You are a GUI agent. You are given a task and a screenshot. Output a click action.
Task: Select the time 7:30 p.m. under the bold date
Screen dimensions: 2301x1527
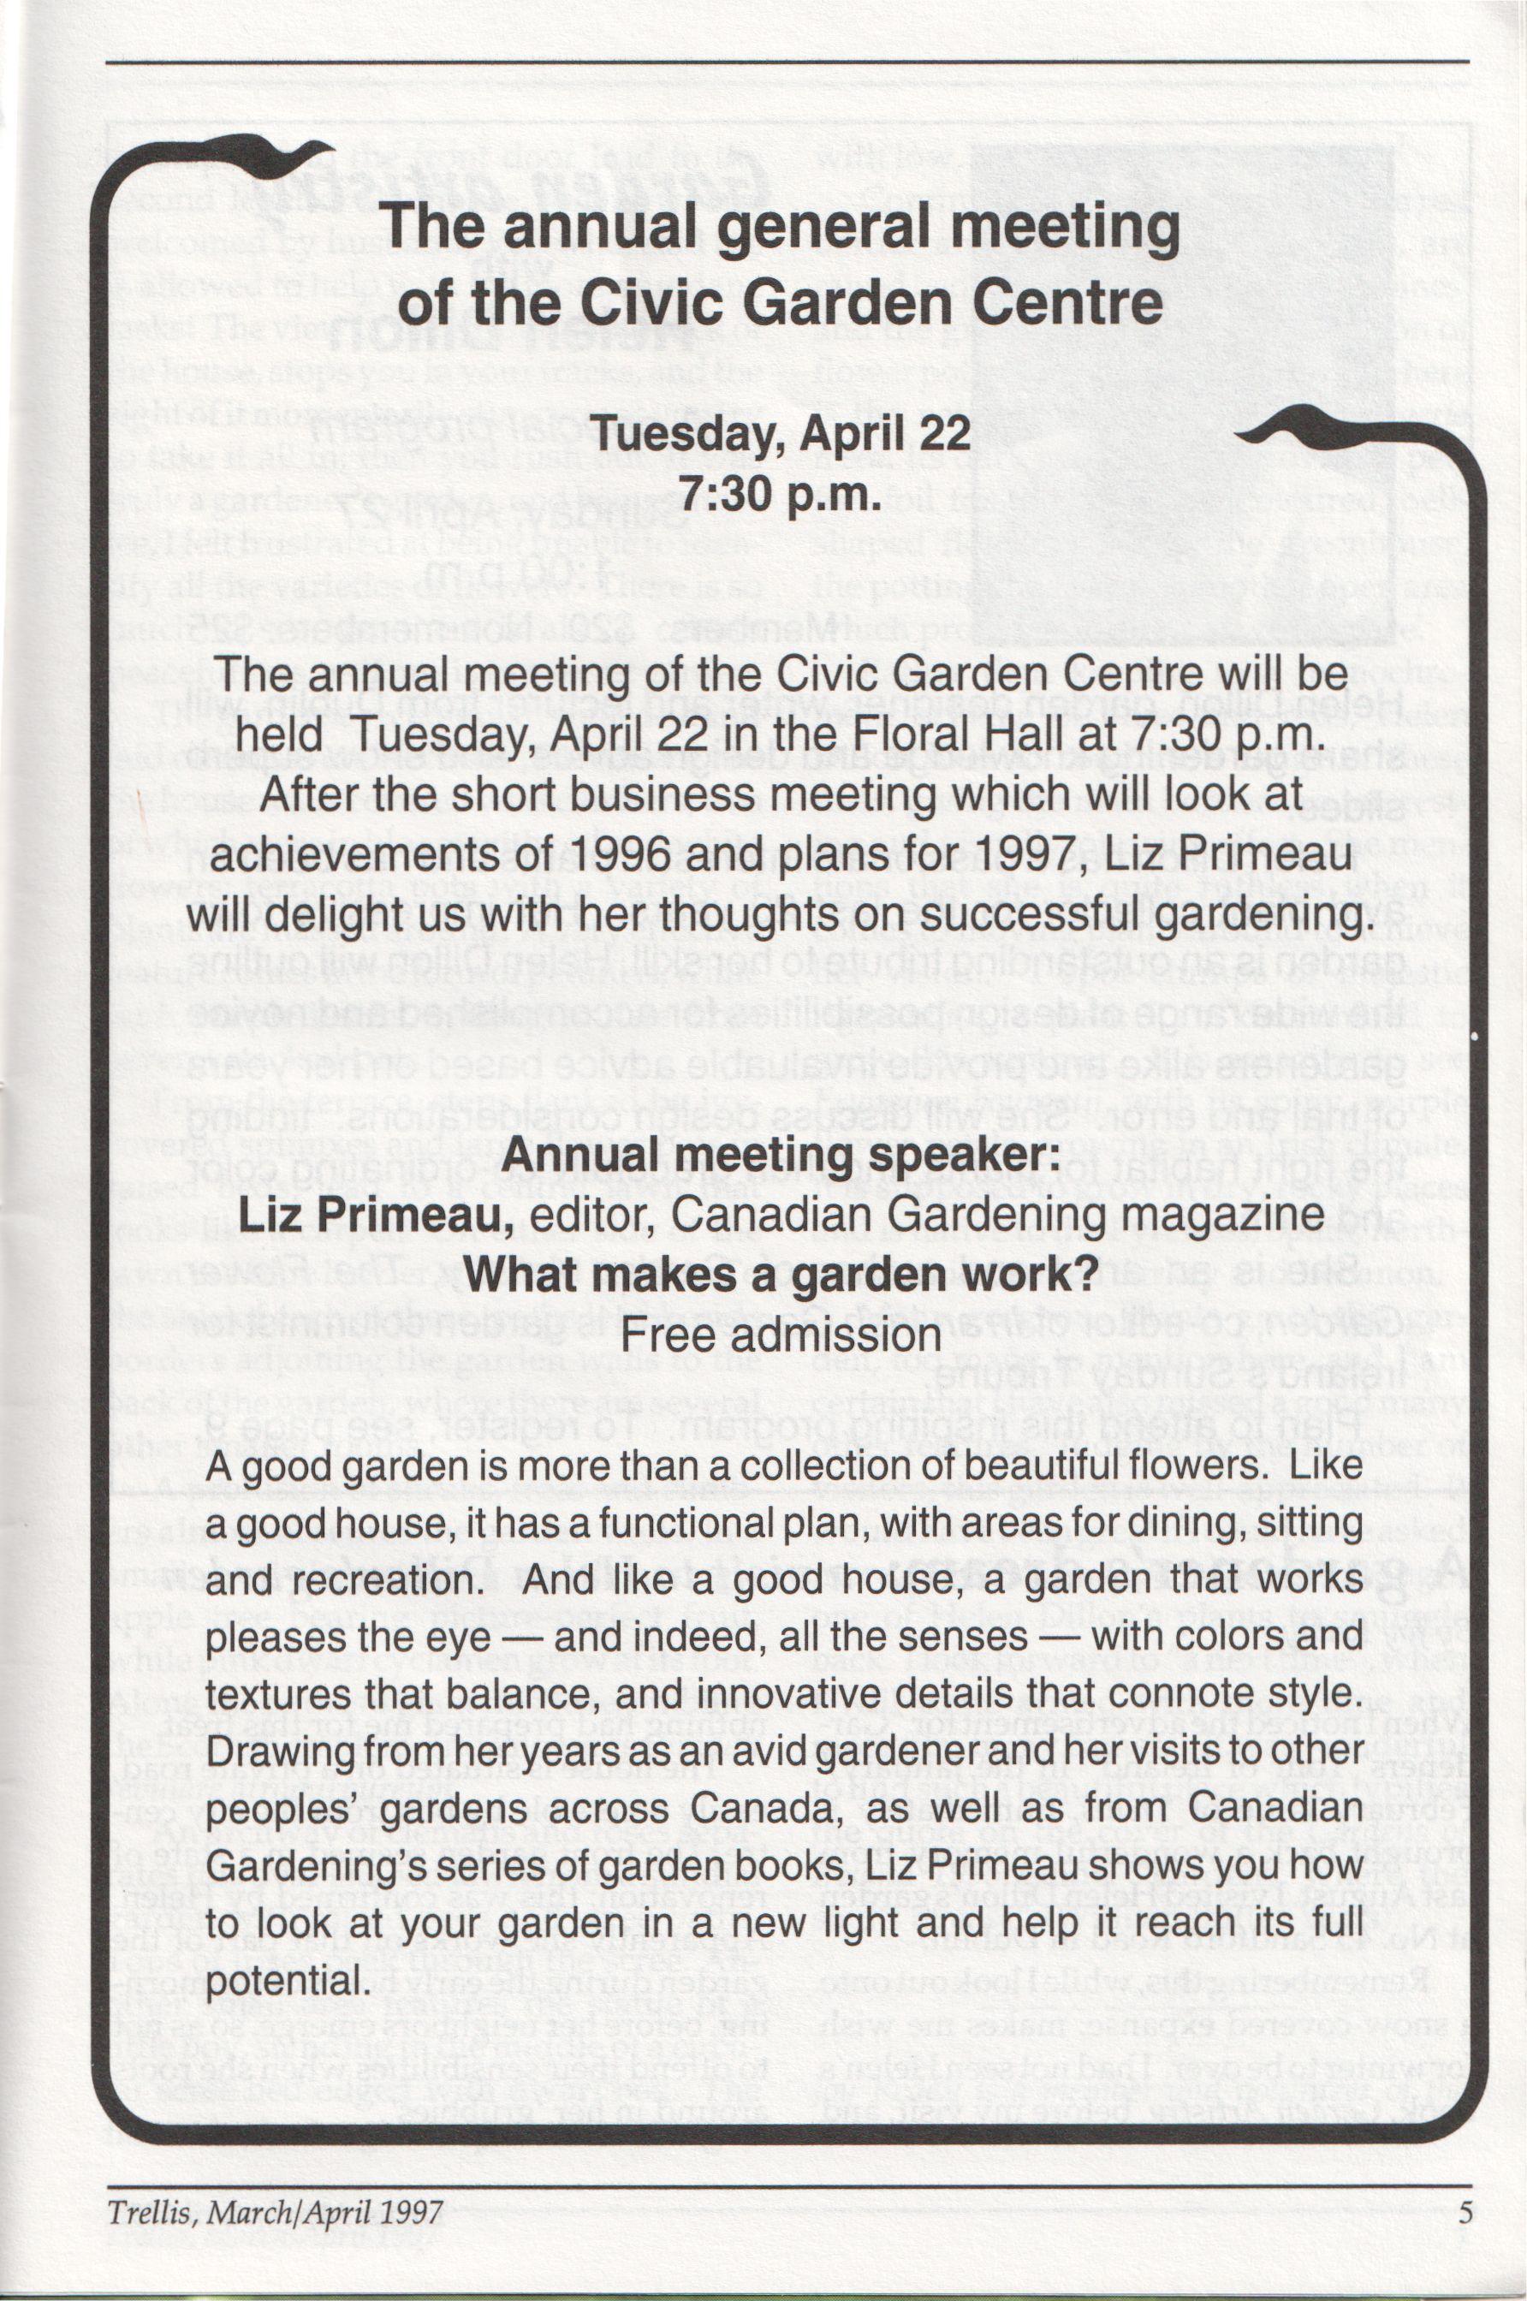pyautogui.click(x=782, y=494)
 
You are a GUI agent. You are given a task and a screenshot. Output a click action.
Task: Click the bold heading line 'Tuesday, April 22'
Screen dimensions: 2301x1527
pyautogui.click(x=782, y=432)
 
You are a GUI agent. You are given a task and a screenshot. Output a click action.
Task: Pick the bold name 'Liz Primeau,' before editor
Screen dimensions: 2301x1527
pyautogui.click(x=376, y=1216)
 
